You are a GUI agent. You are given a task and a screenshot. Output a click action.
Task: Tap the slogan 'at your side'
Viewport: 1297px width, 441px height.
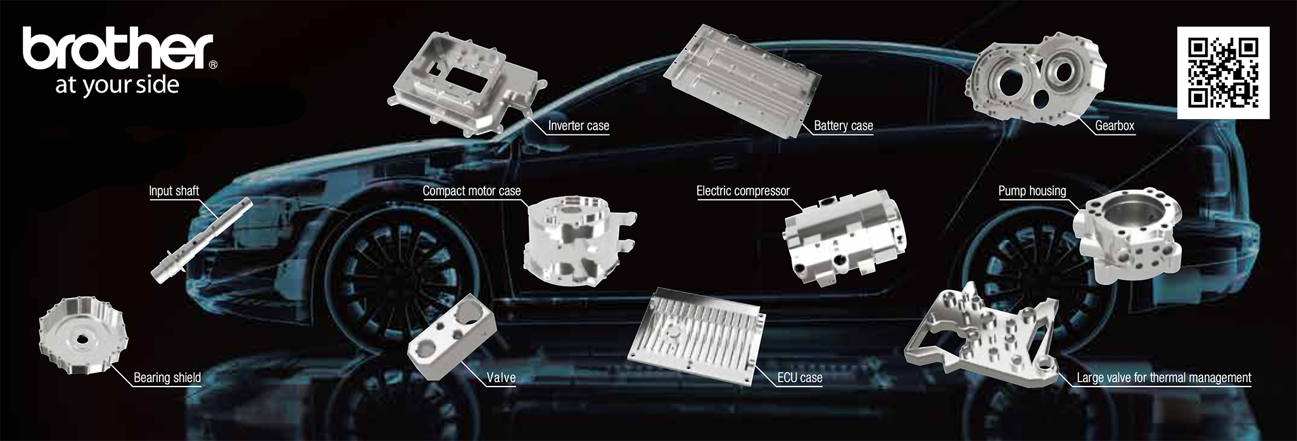click(117, 85)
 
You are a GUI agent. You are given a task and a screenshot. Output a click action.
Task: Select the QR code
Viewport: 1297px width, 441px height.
click(1223, 73)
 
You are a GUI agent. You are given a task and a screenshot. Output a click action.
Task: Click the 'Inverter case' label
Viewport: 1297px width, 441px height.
click(578, 125)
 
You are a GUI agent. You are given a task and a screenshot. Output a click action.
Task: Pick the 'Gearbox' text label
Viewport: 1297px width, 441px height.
click(1115, 125)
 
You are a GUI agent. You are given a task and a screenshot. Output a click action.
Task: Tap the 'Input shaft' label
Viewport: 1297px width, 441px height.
click(174, 191)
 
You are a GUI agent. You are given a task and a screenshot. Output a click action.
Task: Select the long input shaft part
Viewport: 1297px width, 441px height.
click(201, 240)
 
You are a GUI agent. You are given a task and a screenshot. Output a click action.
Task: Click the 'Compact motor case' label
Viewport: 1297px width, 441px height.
click(472, 191)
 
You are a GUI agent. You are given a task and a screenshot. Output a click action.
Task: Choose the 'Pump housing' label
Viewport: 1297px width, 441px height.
click(1032, 191)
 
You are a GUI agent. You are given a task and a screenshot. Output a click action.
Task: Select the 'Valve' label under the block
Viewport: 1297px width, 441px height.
click(501, 378)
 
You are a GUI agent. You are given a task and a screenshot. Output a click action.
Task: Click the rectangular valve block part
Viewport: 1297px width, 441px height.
click(451, 335)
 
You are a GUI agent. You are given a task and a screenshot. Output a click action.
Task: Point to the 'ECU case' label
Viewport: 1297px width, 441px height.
click(800, 378)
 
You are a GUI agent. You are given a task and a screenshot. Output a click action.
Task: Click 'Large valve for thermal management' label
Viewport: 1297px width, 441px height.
click(1164, 378)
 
